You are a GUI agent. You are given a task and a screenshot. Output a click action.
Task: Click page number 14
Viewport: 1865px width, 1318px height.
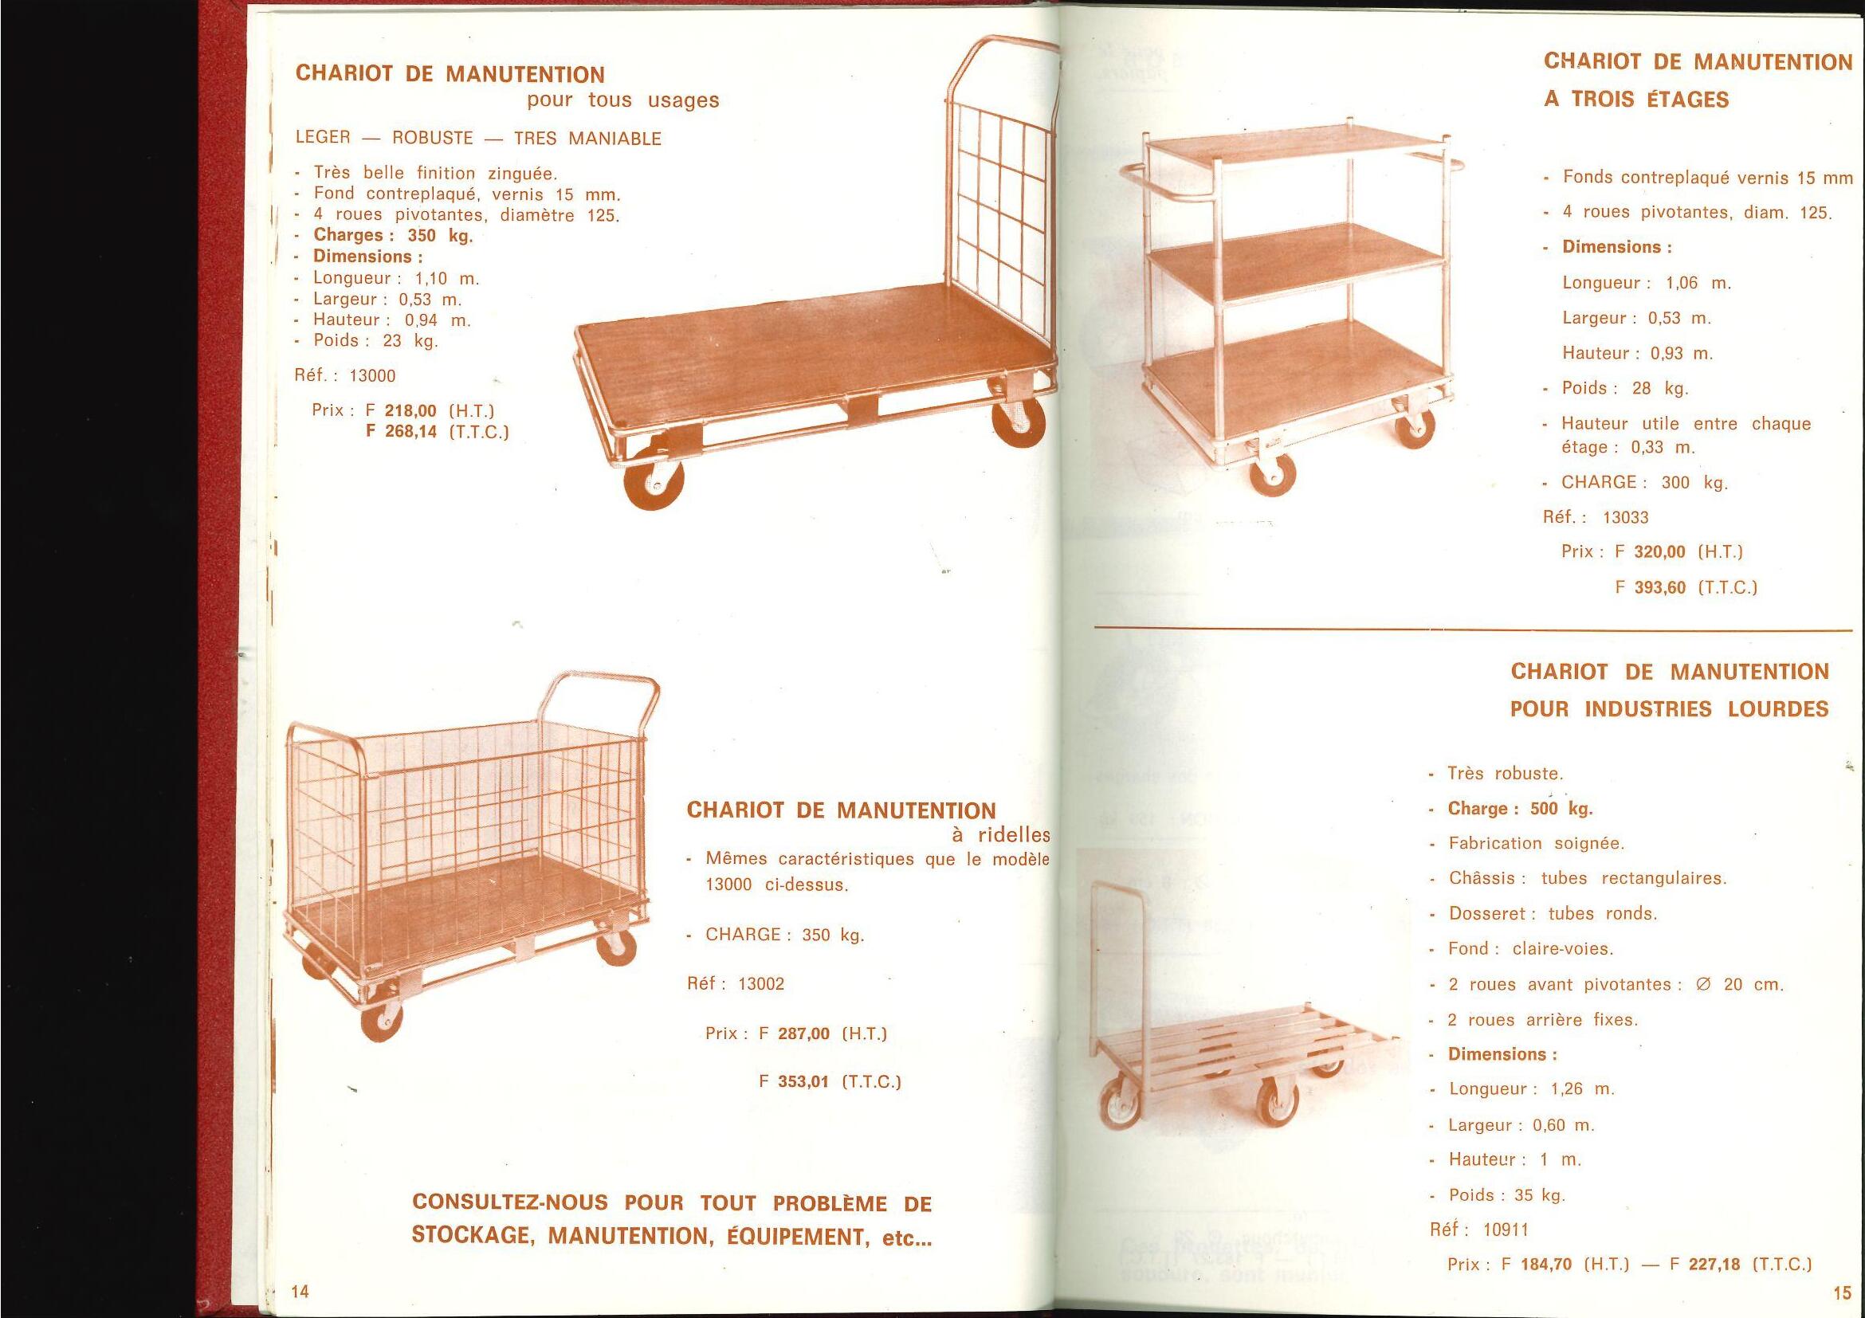click(x=300, y=1291)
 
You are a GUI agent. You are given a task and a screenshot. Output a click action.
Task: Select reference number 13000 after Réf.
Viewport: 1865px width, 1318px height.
click(x=372, y=376)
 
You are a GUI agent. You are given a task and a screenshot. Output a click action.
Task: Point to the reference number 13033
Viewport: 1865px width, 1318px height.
click(x=1625, y=518)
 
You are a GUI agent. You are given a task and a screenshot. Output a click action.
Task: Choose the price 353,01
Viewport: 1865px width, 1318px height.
click(x=803, y=1082)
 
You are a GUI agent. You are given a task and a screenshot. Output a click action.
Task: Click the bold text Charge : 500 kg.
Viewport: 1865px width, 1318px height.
click(x=1520, y=809)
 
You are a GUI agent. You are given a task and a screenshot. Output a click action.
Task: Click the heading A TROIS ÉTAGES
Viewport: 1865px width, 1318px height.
click(x=1636, y=100)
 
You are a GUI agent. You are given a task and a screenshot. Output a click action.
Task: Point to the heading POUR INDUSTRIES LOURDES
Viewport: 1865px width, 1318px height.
click(x=1668, y=709)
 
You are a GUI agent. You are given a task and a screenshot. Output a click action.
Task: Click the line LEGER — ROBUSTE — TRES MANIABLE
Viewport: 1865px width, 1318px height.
click(x=478, y=138)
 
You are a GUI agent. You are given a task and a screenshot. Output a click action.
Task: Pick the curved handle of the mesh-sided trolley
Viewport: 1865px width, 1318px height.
click(x=602, y=695)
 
